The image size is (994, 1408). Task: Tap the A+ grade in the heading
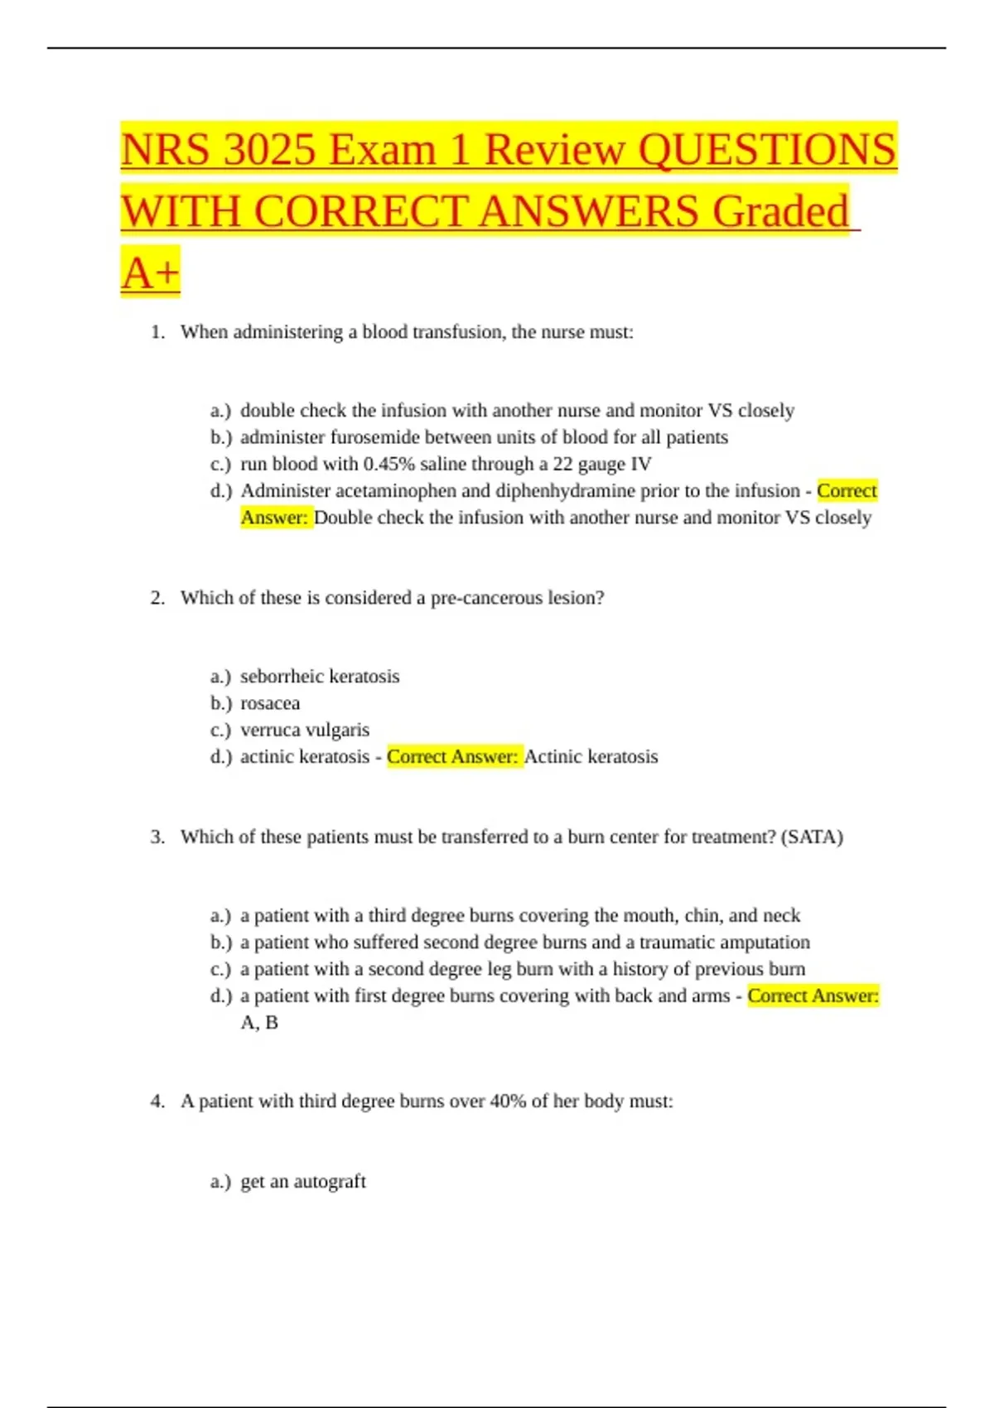click(x=150, y=272)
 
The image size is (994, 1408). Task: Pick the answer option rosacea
click(x=270, y=703)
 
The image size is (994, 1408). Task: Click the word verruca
click(x=271, y=730)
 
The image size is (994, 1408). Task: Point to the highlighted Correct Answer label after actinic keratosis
click(x=453, y=757)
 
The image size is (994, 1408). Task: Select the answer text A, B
click(x=259, y=1023)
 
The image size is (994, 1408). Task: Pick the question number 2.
click(x=157, y=598)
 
